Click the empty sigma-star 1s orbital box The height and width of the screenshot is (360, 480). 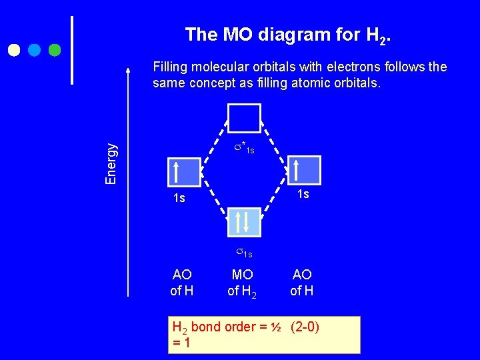click(x=244, y=118)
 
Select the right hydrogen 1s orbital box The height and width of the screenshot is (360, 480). click(x=304, y=170)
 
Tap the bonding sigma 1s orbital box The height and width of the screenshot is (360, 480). click(x=244, y=221)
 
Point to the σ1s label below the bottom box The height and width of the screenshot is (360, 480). click(x=244, y=253)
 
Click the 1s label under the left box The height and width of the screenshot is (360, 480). click(x=179, y=198)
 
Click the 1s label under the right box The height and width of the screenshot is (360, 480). click(x=303, y=193)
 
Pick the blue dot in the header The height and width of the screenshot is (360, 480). click(x=35, y=50)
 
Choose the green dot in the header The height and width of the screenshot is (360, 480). click(x=55, y=50)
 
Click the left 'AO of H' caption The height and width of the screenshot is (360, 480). click(x=182, y=282)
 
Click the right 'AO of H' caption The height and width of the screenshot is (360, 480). click(x=302, y=282)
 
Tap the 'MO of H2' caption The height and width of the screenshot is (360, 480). click(x=243, y=283)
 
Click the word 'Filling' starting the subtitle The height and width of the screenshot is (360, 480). click(x=171, y=67)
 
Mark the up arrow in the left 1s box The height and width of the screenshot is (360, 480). click(x=175, y=172)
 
